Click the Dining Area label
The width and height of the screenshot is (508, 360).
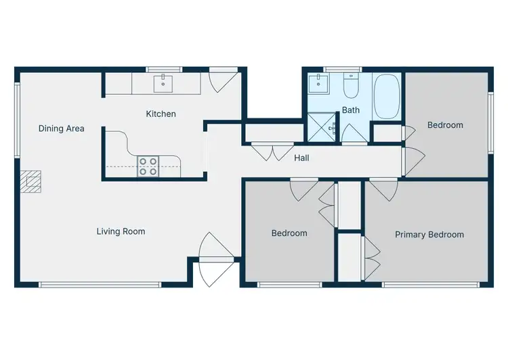pos(61,128)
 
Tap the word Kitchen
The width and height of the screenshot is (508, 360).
pos(161,114)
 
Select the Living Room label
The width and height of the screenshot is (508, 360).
pos(121,231)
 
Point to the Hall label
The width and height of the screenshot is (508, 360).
pos(301,158)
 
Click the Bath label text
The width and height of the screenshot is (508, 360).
pos(350,110)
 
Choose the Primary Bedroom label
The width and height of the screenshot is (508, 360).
pos(429,235)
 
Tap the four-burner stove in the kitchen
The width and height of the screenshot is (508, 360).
pos(148,166)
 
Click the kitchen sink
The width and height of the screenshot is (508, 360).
pos(163,84)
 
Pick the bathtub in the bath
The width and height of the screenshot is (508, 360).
pos(387,97)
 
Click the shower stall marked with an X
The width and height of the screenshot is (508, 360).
pos(321,127)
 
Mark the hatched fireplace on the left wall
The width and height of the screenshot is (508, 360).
pos(30,181)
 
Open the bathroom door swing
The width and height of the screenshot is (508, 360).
pos(353,134)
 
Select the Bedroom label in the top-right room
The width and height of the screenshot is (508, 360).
pos(445,125)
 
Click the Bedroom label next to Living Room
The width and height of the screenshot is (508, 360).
pos(289,233)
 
